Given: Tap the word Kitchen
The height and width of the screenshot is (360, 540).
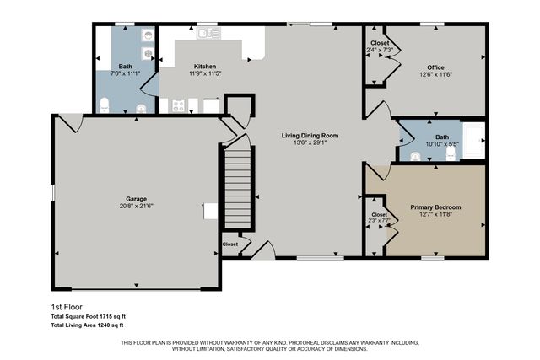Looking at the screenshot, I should [206, 66].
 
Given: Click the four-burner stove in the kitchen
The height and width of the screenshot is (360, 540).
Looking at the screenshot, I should [179, 105].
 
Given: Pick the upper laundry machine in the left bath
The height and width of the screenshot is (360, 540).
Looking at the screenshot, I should [148, 35].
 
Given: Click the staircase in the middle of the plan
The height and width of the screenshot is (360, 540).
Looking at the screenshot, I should [239, 187].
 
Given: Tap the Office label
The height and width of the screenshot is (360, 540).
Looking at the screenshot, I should [435, 67].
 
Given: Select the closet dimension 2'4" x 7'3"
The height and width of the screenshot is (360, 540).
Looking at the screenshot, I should [379, 50].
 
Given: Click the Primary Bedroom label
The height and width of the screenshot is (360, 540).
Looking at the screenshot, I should [435, 207].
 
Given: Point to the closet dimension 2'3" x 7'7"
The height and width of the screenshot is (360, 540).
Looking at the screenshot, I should [379, 221].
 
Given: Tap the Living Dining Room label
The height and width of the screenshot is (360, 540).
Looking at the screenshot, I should [310, 135].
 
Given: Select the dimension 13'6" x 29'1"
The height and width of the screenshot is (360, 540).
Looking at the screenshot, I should [310, 142].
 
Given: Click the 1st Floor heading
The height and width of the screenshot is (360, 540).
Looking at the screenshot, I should [64, 308].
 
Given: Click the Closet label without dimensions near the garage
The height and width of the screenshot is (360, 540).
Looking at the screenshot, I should [229, 244].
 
